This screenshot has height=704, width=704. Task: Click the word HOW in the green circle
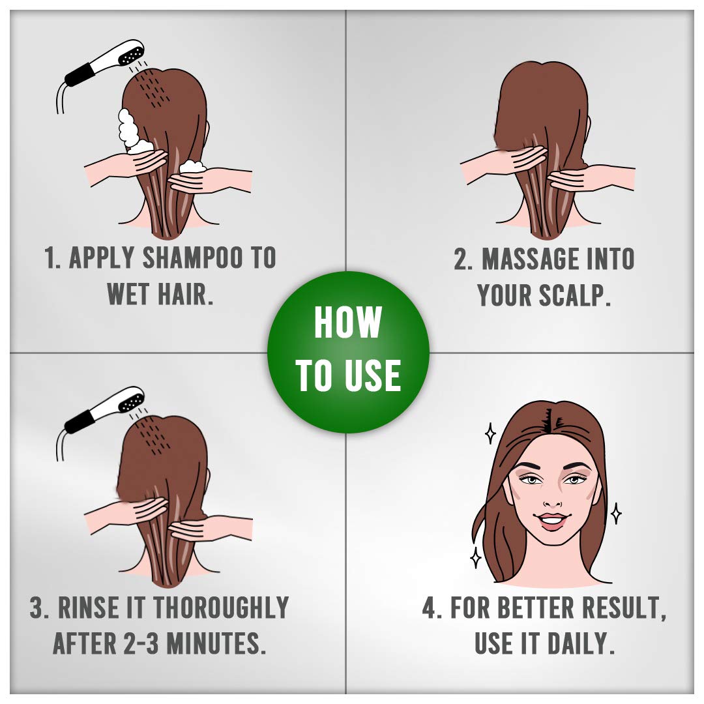click(347, 322)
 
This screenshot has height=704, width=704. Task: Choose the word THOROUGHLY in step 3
click(221, 608)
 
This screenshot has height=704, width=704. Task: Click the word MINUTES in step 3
click(214, 643)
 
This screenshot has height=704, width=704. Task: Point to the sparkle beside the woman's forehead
click(490, 433)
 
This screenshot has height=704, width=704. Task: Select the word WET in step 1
click(129, 293)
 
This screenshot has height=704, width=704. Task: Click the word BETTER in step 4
click(536, 608)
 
